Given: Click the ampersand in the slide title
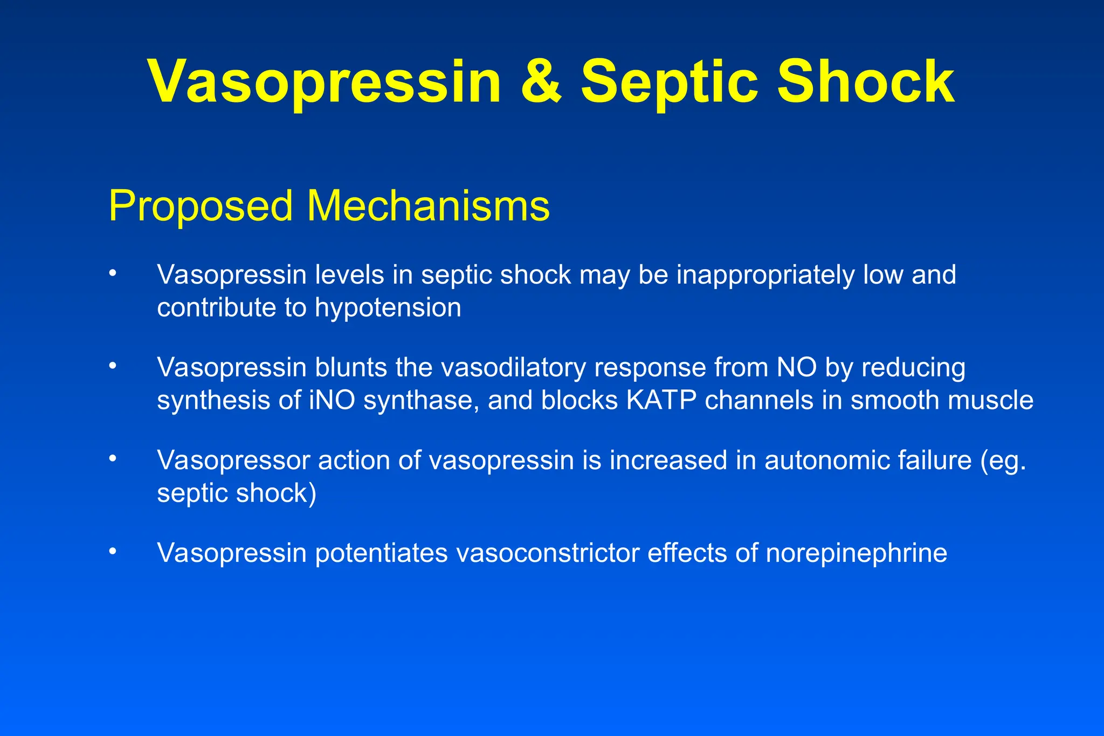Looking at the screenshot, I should [541, 82].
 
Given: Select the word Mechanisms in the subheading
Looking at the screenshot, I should [428, 206].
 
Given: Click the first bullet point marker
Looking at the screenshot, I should [112, 273].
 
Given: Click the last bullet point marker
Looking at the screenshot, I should [112, 551].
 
